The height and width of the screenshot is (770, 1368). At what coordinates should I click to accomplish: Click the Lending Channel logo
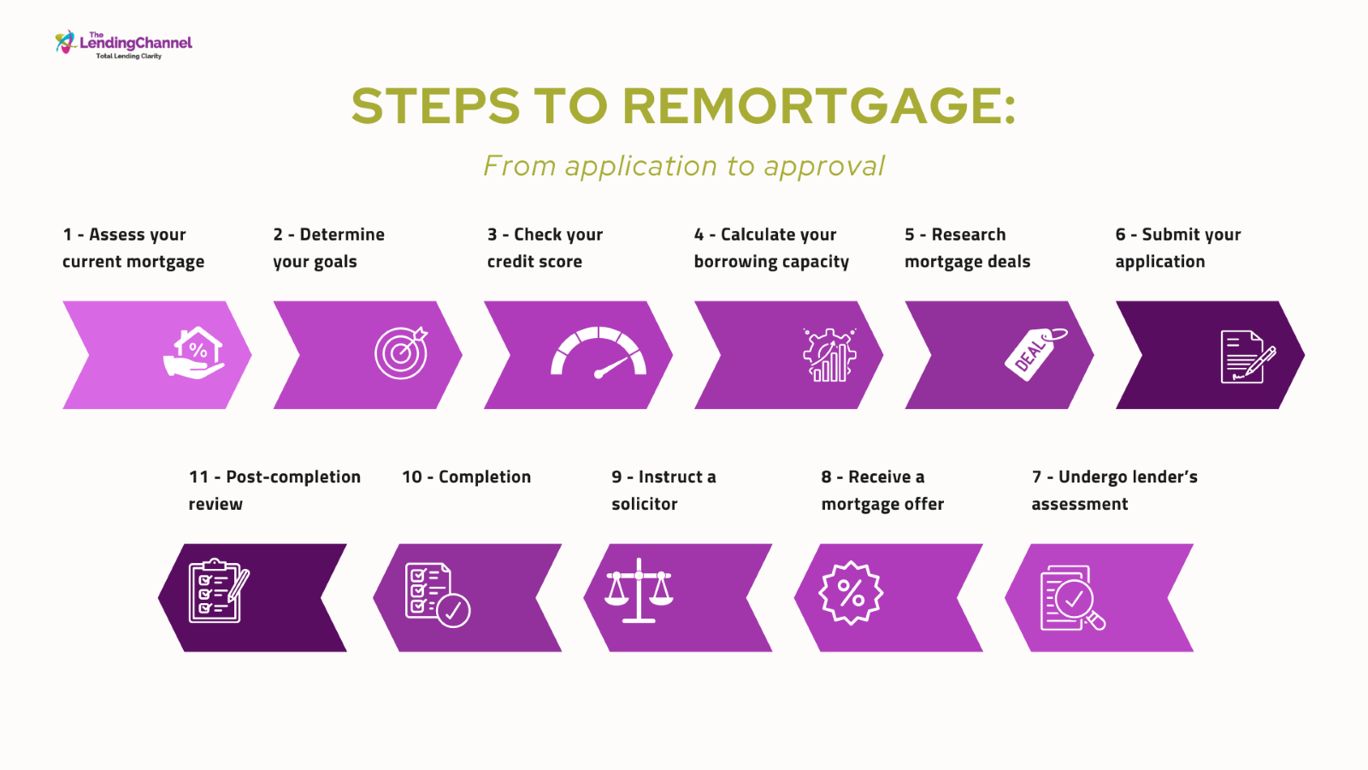123,44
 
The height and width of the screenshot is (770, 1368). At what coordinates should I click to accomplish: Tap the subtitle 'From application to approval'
683,166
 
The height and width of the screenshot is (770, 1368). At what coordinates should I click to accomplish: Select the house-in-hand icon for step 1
194,353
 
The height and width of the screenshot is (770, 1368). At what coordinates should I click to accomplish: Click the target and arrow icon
401,353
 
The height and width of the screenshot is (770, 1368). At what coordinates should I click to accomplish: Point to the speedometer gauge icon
598,353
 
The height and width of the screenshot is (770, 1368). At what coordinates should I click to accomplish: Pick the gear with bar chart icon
829,355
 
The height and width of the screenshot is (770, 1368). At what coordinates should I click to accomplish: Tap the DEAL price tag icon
1035,354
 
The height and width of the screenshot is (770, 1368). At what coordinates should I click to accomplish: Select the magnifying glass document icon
1072,598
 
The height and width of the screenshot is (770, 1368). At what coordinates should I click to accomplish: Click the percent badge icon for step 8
851,593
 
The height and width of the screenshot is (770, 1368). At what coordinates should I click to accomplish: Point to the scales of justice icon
639,590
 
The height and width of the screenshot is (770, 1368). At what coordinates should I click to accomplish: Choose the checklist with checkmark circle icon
437,595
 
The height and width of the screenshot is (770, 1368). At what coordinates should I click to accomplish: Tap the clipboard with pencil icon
219,591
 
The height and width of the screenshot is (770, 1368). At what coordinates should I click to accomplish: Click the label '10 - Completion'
466,477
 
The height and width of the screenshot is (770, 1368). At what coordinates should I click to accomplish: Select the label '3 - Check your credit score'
545,247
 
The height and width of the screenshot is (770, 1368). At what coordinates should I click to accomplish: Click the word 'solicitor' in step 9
645,504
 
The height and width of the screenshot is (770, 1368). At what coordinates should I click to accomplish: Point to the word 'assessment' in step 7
1079,504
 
